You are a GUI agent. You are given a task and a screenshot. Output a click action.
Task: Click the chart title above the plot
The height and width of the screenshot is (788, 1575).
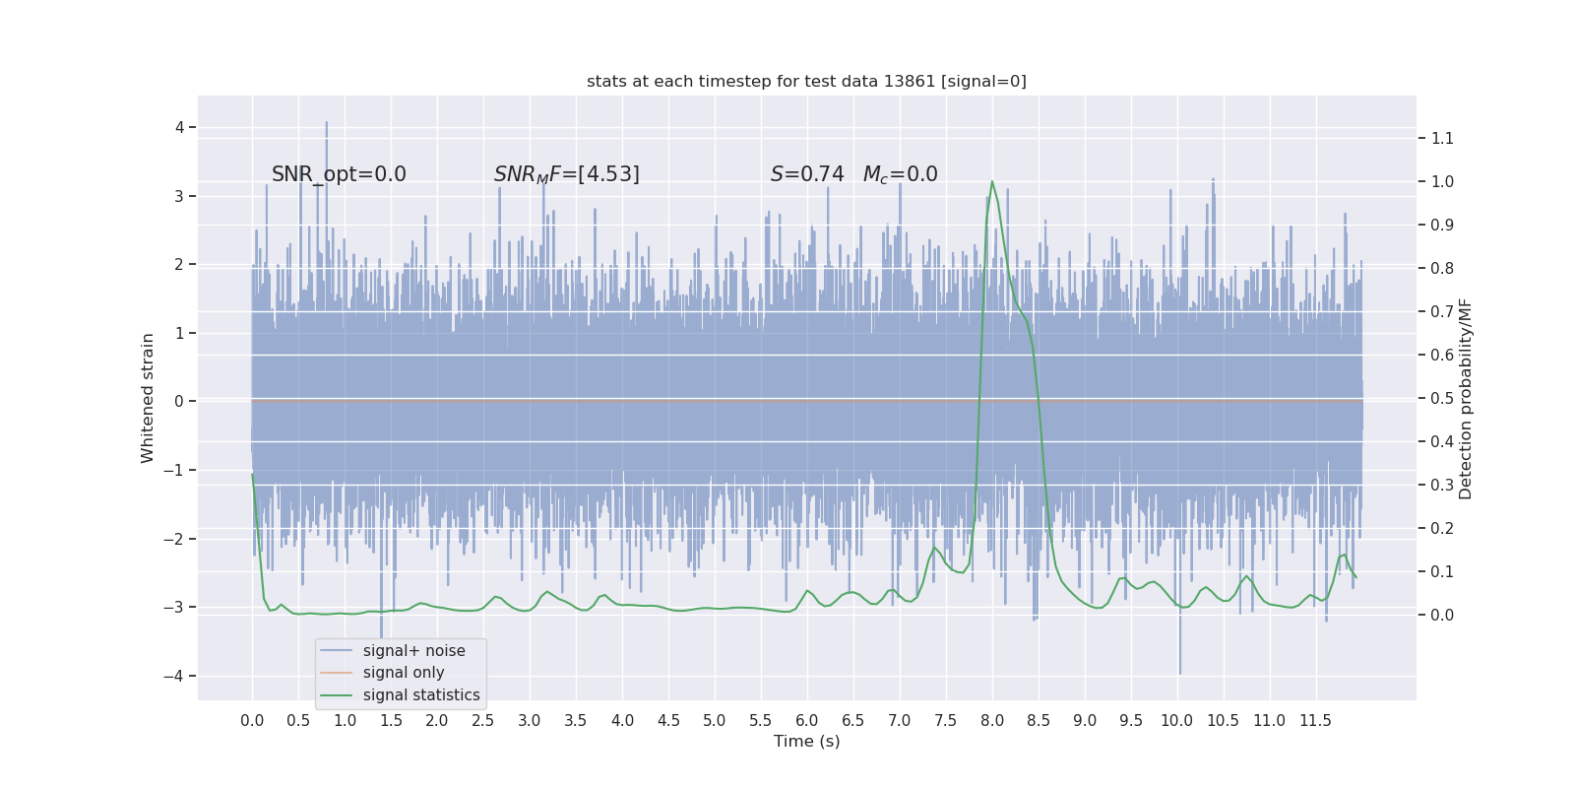[806, 81]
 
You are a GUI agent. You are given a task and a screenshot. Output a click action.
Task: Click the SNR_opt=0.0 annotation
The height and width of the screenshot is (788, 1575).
[339, 174]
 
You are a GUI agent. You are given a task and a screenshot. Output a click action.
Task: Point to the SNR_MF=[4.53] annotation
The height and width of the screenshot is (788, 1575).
[566, 174]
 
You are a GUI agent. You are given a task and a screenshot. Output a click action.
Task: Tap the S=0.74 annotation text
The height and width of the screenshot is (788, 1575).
[807, 174]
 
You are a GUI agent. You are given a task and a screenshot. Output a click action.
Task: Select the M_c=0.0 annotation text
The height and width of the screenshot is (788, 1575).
[900, 174]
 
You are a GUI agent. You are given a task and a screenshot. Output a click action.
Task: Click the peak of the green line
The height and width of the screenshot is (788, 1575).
[991, 181]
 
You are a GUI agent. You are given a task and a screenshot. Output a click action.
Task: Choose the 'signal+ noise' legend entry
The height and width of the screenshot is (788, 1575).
[413, 650]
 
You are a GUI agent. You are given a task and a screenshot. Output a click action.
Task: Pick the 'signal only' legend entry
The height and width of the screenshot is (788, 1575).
[404, 673]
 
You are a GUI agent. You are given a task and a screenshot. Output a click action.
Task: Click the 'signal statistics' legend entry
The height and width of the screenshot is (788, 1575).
[421, 695]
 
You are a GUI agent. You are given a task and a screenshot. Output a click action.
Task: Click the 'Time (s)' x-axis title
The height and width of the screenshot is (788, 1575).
[806, 741]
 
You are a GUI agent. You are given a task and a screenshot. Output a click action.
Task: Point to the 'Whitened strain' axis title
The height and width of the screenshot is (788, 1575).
[148, 398]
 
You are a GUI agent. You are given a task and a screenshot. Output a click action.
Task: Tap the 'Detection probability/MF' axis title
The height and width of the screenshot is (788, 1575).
[1466, 398]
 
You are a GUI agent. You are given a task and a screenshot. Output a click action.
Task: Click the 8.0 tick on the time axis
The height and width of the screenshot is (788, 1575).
[991, 720]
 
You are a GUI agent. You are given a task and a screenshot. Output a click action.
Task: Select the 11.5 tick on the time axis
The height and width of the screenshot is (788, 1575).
[1315, 720]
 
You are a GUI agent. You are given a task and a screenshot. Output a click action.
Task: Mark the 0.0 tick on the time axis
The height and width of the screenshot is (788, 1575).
[252, 720]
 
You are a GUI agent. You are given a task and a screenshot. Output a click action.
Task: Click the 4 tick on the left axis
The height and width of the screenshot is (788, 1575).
[179, 127]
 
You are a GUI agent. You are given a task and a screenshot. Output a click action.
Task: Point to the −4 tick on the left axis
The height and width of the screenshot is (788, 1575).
[173, 676]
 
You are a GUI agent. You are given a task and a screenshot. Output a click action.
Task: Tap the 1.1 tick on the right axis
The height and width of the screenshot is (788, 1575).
[1442, 138]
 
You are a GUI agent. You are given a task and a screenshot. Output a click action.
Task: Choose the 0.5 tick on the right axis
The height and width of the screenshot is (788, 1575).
[1442, 398]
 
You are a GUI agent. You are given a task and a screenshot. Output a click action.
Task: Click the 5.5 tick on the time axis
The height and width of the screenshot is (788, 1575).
[760, 720]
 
